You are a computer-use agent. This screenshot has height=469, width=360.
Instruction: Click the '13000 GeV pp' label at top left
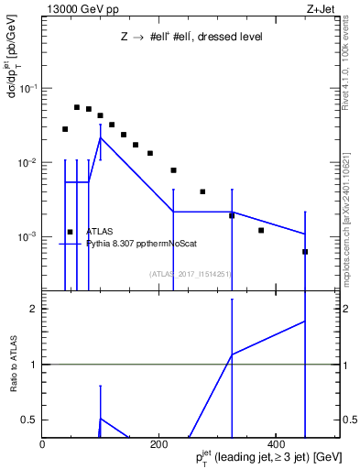78,8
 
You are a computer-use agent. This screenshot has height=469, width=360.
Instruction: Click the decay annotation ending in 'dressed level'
191,38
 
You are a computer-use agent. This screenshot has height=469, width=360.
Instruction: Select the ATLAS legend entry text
99,233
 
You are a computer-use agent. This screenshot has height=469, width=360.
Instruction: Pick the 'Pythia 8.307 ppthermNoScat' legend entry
142,244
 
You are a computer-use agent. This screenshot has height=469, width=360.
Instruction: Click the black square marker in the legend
70,233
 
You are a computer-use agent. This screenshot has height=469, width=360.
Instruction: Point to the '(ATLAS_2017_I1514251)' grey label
190,273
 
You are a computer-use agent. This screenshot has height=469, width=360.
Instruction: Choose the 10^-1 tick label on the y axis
26,89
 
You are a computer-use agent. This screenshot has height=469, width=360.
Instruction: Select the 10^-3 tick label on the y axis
26,236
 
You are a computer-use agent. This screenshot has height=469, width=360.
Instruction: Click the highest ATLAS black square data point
77,107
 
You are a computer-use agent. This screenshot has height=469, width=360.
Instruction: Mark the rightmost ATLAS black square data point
305,252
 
